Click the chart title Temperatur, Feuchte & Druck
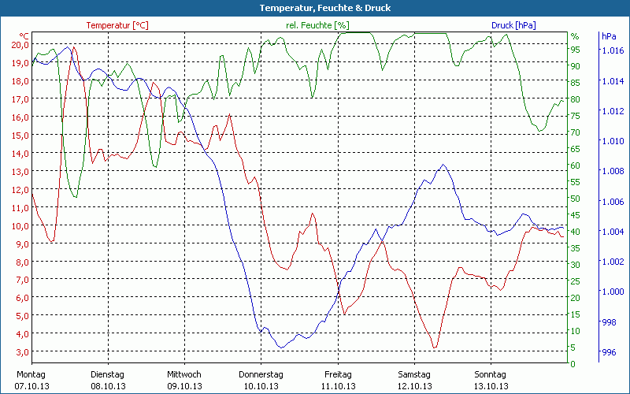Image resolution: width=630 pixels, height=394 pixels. [x=314, y=8]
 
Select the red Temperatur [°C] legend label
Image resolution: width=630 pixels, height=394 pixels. [x=117, y=25]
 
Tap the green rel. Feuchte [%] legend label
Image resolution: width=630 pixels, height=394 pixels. [x=317, y=25]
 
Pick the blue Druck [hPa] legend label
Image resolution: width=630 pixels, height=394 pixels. [x=513, y=25]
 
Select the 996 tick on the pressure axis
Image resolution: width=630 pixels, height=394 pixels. [x=609, y=352]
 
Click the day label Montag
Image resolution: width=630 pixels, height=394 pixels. [x=31, y=374]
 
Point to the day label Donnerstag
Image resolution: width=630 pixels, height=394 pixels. [x=261, y=374]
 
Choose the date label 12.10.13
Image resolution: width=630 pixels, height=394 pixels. [x=414, y=386]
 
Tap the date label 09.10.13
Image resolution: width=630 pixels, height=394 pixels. [x=184, y=386]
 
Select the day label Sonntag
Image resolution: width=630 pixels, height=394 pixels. [x=490, y=374]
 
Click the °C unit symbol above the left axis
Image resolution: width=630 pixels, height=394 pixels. [x=24, y=35]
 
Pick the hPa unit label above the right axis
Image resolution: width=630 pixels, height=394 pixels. [x=610, y=36]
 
